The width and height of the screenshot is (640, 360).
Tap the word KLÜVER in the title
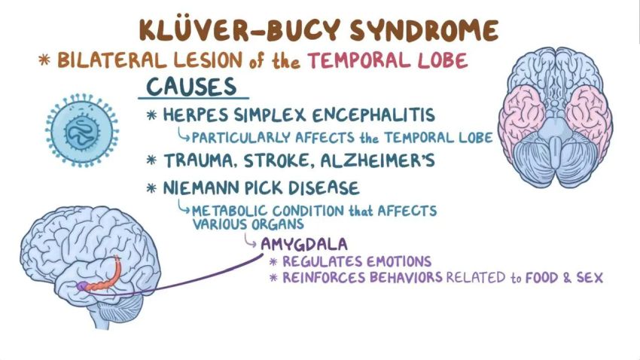[x=188, y=30]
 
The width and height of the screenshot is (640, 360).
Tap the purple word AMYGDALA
[x=303, y=244]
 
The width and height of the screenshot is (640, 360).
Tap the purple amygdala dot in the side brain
[x=81, y=286]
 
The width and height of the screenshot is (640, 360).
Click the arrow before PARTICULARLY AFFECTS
[x=182, y=136]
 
